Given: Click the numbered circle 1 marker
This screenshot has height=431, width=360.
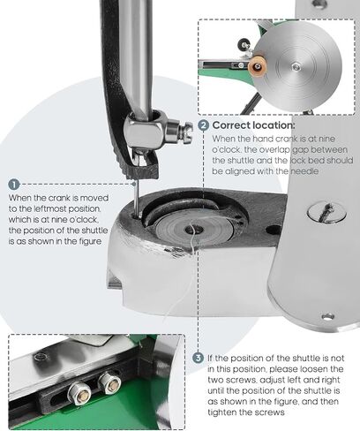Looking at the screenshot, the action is point(14,185).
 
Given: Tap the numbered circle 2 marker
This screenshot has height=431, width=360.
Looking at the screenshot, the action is point(204,125).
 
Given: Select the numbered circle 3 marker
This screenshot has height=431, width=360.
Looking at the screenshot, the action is point(199,358).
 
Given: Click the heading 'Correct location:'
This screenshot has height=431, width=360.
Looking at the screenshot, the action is point(253,125).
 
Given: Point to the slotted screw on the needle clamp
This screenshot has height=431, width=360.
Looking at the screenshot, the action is point(187,132).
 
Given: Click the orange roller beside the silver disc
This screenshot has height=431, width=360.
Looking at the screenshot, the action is point(258,66).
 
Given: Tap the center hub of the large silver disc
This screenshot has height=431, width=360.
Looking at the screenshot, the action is point(296,67).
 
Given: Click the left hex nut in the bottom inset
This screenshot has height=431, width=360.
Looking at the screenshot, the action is point(79,393).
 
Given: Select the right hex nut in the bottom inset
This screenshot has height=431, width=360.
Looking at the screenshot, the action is point(109,382).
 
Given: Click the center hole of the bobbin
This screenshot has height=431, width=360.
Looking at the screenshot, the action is point(197,229).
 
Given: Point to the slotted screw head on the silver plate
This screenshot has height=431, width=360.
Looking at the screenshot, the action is point(326,211).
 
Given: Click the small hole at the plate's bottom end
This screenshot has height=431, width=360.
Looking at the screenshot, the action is point(328,317).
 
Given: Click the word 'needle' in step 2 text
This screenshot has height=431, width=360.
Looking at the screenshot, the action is point(304,171).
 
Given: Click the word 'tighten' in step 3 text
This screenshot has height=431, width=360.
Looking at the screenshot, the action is point(222,412).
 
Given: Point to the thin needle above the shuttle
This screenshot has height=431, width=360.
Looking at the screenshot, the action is point(136,200).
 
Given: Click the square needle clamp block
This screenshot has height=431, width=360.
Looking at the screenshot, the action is point(144,131).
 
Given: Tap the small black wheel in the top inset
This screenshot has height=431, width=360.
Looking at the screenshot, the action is point(244,44).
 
